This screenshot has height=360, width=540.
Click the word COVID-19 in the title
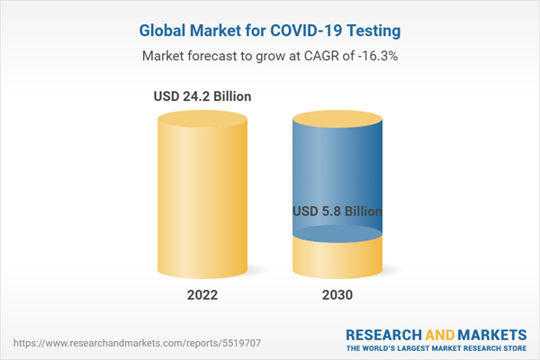pyautogui.click(x=306, y=31)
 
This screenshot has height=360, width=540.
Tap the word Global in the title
pyautogui.click(x=162, y=31)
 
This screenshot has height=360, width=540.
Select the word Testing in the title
pyautogui.click(x=373, y=31)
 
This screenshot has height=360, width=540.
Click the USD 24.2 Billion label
pyautogui.click(x=202, y=96)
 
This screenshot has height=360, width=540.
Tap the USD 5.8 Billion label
pyautogui.click(x=337, y=211)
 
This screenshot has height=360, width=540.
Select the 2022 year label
pyautogui.click(x=202, y=295)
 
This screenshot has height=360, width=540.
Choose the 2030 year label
pyautogui.click(x=337, y=295)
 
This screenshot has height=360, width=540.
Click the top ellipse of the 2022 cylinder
pyautogui.click(x=202, y=119)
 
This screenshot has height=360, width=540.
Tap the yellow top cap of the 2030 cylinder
pyautogui.click(x=337, y=119)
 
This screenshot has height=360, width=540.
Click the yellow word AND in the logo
pyautogui.click(x=440, y=335)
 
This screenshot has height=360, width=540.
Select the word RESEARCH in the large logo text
pyautogui.click(x=383, y=335)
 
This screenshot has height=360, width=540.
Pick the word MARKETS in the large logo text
pyautogui.click(x=492, y=335)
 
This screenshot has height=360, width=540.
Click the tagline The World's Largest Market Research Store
pyautogui.click(x=436, y=348)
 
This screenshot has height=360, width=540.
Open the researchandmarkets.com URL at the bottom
pyautogui.click(x=137, y=343)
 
